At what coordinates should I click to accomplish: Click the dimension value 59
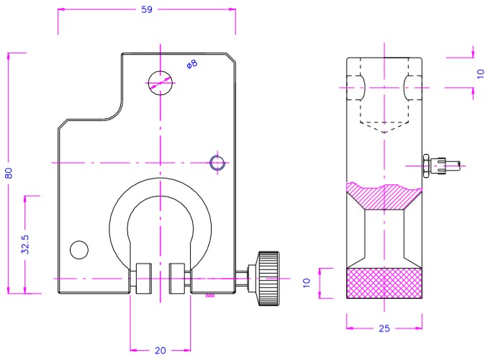[147, 9]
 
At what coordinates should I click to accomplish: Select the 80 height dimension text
[9, 173]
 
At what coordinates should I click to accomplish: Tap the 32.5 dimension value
[25, 245]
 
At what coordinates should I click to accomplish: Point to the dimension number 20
[161, 351]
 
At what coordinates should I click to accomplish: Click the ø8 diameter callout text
[192, 64]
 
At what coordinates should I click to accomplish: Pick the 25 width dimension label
[384, 328]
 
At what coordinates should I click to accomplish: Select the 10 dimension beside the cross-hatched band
[307, 283]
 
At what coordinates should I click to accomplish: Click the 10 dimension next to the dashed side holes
[481, 74]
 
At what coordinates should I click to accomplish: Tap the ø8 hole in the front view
[160, 83]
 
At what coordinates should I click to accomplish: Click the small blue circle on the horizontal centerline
[217, 163]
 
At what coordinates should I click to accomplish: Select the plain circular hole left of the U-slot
[79, 250]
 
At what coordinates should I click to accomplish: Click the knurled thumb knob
[268, 278]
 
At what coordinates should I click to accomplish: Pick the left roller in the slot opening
[144, 279]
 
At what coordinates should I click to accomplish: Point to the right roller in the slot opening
[177, 279]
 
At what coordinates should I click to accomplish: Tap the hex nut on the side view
[426, 166]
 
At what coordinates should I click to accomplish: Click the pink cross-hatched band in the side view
[384, 283]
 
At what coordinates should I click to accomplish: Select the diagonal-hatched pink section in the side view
[384, 196]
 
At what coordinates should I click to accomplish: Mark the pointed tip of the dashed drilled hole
[384, 132]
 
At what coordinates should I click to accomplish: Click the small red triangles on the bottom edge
[210, 295]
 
